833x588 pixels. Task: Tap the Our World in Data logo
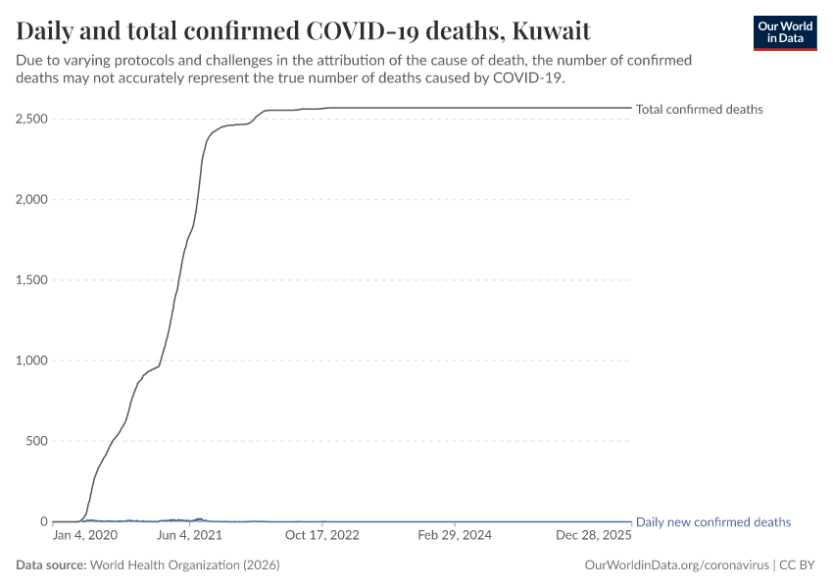(x=784, y=32)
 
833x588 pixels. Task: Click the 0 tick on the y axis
(x=42, y=521)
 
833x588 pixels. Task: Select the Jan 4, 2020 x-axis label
(x=84, y=536)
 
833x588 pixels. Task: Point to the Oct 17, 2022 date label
(x=322, y=536)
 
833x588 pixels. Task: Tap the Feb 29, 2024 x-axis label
(x=454, y=536)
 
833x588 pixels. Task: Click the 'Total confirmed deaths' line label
(x=699, y=110)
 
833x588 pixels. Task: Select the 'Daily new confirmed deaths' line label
(x=712, y=522)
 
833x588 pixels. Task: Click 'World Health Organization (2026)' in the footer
(x=186, y=565)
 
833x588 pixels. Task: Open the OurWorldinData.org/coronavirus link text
(x=675, y=565)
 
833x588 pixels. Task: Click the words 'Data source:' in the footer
(x=51, y=565)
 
